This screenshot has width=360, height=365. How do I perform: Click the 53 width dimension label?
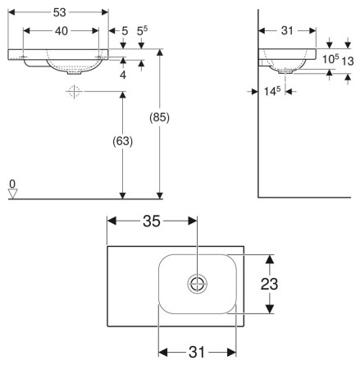coord(60,12)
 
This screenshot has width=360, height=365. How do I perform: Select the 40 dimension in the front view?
coord(62,31)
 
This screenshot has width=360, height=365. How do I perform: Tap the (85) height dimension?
coord(160,117)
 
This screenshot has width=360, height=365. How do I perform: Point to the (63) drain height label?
coord(123,141)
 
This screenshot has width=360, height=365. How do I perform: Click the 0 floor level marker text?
coord(12,184)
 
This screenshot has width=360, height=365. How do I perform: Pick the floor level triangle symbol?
coord(12,194)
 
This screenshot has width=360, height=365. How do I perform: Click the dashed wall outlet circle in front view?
coord(75,92)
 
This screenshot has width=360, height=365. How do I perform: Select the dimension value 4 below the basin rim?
coord(123,75)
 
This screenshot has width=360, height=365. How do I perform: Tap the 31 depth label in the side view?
coord(287,30)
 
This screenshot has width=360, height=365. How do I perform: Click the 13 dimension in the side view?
coord(348,61)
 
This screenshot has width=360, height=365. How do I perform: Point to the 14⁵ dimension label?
coord(272,91)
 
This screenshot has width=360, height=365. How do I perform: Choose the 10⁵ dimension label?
coord(330,59)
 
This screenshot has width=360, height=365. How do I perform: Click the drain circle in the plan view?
coord(197,284)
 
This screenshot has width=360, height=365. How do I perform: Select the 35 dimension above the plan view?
coord(152,221)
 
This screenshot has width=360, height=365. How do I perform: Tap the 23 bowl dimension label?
coord(269,284)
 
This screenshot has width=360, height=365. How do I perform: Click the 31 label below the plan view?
coord(197,352)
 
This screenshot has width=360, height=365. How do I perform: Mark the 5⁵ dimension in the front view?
coord(142,31)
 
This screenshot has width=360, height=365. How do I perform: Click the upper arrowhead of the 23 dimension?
coord(270,259)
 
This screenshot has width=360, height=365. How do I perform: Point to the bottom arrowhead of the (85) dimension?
coord(160,195)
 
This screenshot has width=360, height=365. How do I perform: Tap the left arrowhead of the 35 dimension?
coord(112,221)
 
